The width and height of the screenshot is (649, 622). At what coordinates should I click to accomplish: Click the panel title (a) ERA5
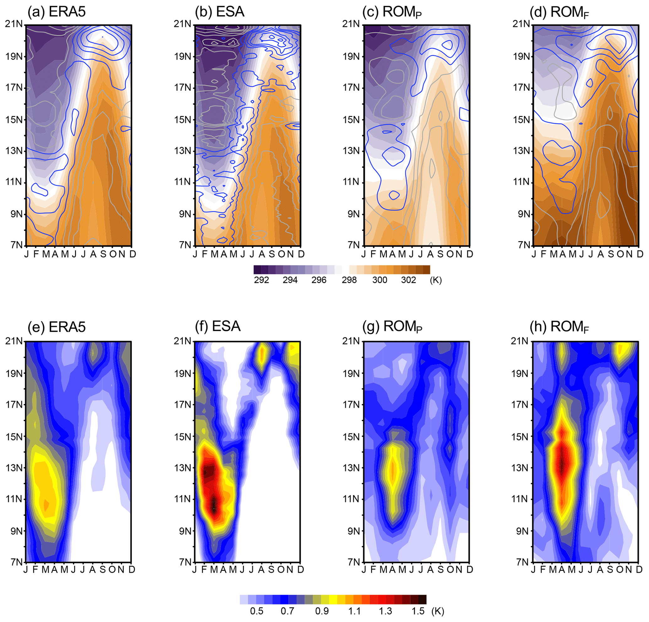click(x=57, y=12)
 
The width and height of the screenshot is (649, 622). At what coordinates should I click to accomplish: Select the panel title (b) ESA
click(x=219, y=12)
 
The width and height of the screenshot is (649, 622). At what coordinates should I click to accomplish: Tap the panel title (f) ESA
click(x=218, y=326)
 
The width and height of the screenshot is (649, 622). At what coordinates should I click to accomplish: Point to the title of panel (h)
click(x=559, y=327)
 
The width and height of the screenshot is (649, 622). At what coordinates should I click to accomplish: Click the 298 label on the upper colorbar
click(x=349, y=280)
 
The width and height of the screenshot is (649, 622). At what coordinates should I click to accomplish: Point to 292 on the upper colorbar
click(x=261, y=280)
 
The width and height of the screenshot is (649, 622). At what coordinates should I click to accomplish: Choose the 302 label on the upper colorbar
click(x=408, y=280)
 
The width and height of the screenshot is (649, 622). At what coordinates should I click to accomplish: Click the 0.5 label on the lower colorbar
click(x=257, y=611)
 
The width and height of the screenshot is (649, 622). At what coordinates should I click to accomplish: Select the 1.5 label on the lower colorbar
click(x=418, y=611)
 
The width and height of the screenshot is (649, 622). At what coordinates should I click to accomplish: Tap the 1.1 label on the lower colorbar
click(x=354, y=611)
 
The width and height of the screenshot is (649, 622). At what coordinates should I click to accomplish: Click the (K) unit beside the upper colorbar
click(x=436, y=280)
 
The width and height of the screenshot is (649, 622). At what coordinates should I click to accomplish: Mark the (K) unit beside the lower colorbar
click(x=438, y=611)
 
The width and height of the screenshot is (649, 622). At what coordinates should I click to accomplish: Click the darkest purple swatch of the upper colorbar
click(x=257, y=270)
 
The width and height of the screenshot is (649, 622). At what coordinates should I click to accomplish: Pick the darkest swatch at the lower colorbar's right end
click(x=422, y=600)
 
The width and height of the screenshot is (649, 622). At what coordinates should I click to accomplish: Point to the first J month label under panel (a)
click(x=26, y=254)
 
